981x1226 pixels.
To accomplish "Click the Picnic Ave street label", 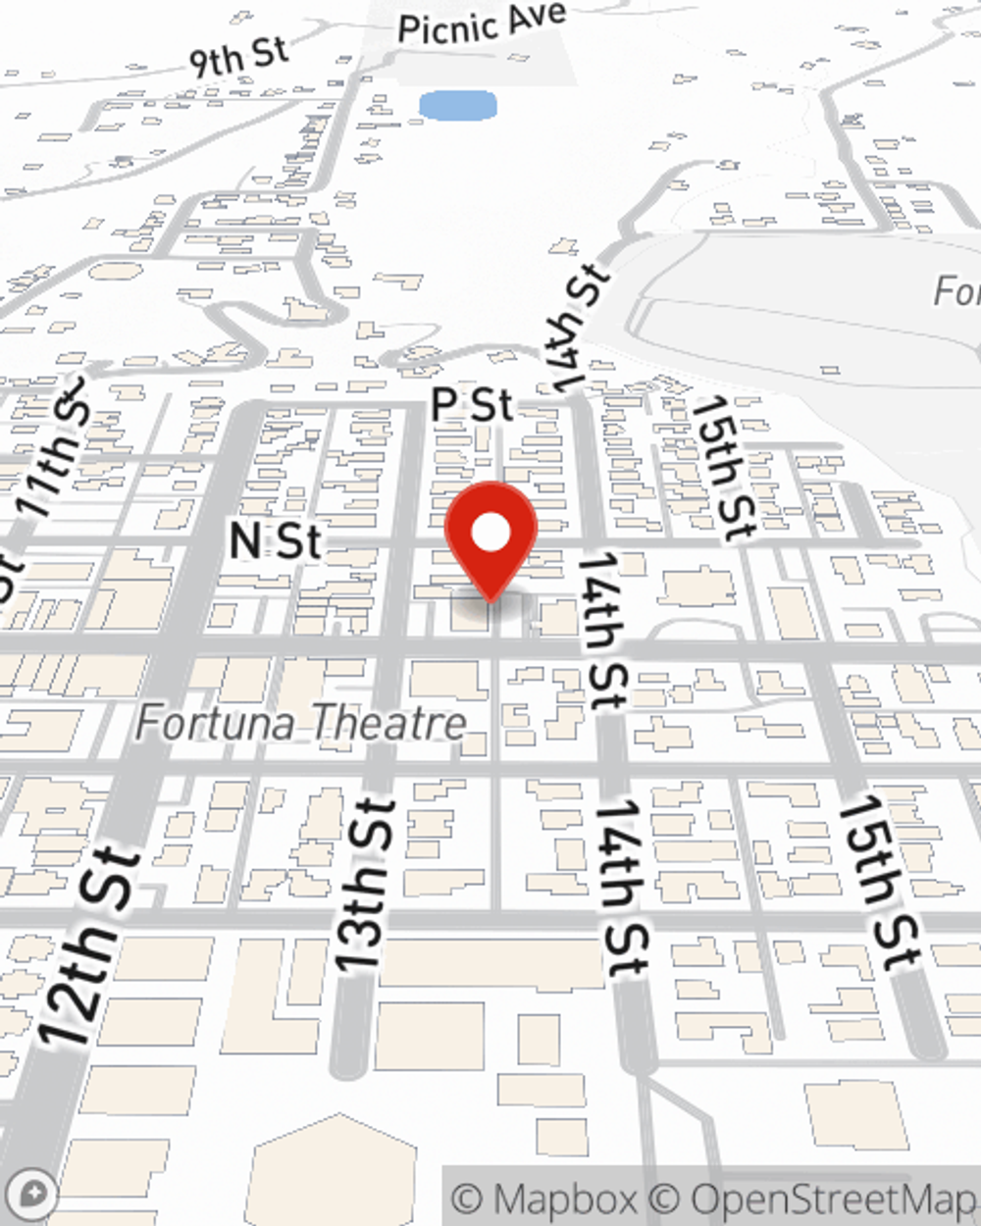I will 482,21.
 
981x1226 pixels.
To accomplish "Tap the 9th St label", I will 238,57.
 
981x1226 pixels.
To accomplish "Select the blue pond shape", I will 457,105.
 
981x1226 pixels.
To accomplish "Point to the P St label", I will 473,403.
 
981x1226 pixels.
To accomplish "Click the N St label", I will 275,540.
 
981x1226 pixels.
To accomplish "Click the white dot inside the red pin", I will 490,534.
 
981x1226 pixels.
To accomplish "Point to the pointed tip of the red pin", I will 490,599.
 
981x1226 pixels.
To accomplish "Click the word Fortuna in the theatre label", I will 215,724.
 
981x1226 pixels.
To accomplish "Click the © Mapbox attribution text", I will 543,1199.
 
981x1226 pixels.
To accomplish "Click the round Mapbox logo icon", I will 31,1195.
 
